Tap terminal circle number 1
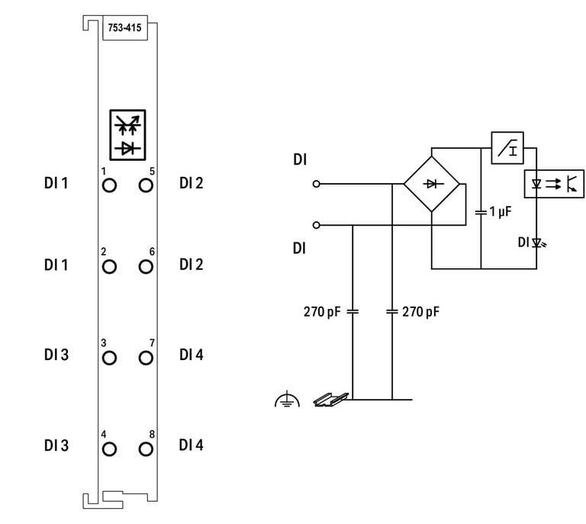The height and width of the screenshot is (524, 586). tap(109, 185)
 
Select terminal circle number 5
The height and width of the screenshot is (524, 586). tap(146, 185)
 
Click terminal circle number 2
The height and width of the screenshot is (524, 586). tap(109, 266)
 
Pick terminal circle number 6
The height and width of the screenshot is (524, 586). tap(146, 266)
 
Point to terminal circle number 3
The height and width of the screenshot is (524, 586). tap(109, 357)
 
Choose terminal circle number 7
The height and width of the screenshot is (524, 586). tap(146, 357)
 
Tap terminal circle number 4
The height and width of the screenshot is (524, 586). tap(109, 448)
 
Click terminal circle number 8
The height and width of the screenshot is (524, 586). tap(146, 448)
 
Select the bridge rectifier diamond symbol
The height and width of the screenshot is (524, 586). tap(431, 184)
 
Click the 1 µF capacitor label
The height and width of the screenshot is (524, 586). tap(499, 211)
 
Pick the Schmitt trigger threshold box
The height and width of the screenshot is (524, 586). tap(506, 149)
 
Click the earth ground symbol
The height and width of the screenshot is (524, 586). tap(286, 398)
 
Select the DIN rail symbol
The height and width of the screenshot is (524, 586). tap(331, 399)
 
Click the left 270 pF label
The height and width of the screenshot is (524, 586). tap(324, 311)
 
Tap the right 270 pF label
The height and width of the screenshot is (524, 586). tap(421, 311)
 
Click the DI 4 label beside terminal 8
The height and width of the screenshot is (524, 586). tap(192, 445)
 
